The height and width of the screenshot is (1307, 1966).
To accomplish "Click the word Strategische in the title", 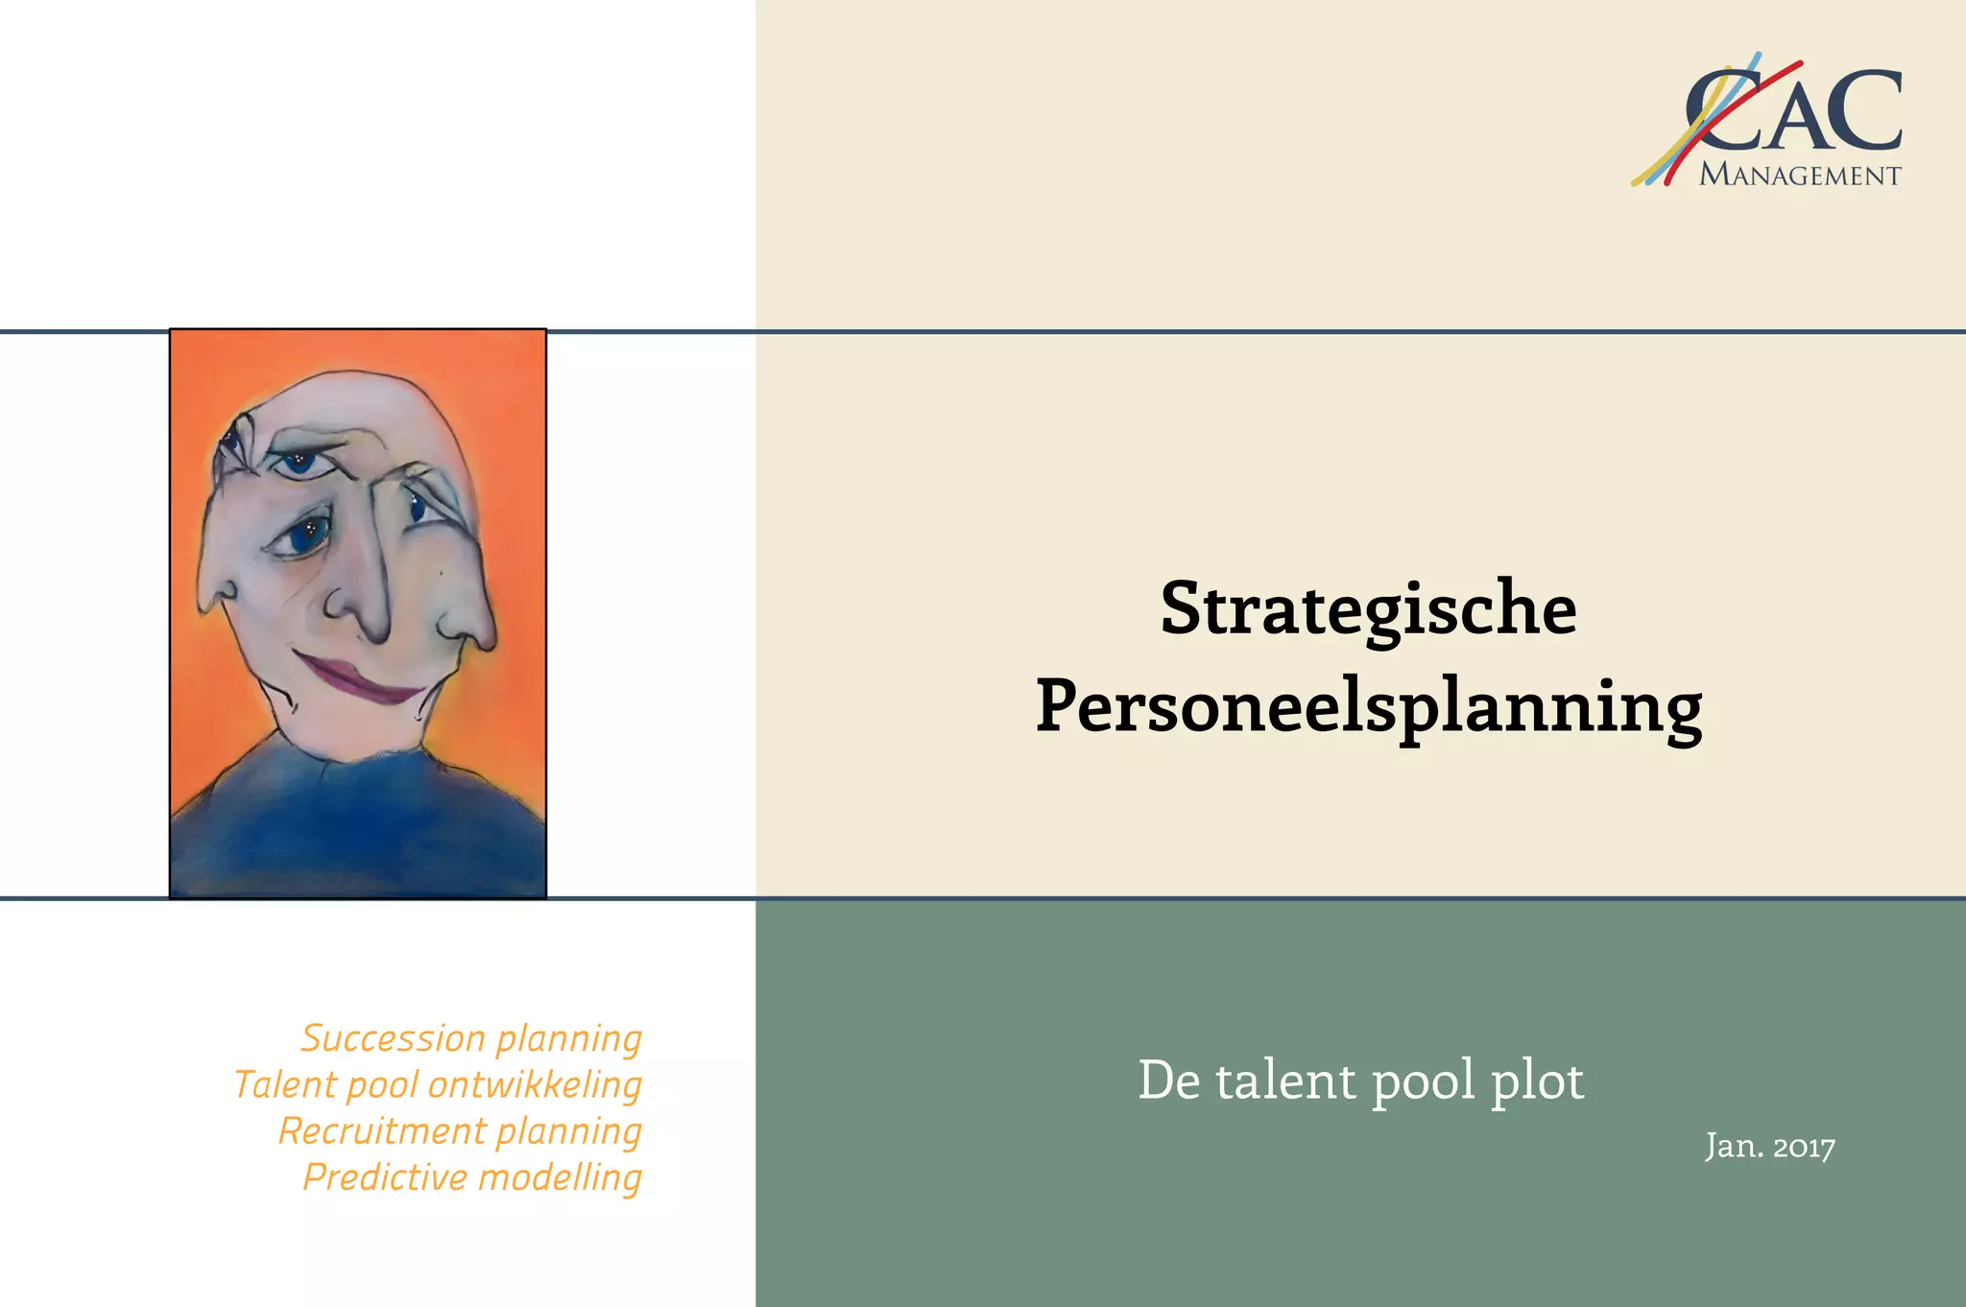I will [1368, 608].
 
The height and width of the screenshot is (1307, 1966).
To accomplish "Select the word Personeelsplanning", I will [1369, 708].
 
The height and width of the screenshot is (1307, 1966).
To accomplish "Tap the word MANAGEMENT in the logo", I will [1800, 176].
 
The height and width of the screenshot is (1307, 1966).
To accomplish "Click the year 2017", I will [1804, 1147].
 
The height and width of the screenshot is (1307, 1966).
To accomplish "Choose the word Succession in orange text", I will [393, 1038].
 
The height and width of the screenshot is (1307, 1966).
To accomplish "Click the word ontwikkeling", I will [535, 1085].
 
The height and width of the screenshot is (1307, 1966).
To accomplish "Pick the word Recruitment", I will [381, 1131].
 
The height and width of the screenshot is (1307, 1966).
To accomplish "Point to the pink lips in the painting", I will [360, 677].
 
